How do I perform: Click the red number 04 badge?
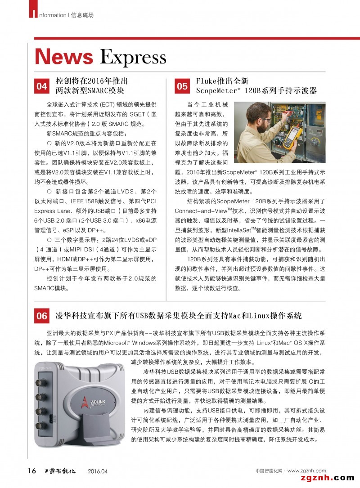42,86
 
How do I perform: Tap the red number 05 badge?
182,86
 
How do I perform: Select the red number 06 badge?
42,316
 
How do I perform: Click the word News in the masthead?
64,57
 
